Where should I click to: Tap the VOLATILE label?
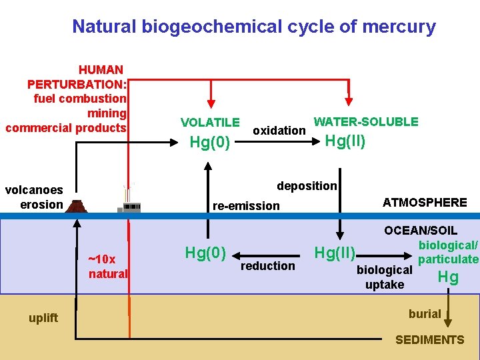210,122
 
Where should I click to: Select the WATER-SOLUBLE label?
366,122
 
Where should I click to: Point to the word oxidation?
279,131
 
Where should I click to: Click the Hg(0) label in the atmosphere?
210,142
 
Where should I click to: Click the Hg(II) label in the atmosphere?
345,141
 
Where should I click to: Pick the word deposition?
307,185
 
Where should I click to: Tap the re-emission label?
246,205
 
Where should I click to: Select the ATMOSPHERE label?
425,202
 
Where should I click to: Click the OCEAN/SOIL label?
420,231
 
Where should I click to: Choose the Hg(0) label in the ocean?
205,253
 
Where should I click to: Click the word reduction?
267,266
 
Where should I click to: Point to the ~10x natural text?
108,266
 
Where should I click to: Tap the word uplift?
43,317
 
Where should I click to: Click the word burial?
425,313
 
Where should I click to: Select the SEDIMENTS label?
429,340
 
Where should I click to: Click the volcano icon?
78,206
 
